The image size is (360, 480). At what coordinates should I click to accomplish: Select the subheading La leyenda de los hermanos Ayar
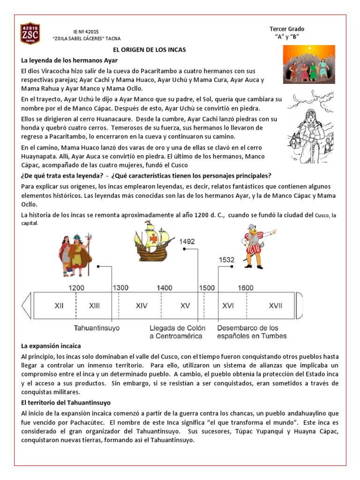coord(69,60)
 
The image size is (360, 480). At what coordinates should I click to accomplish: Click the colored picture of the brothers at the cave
coord(309,64)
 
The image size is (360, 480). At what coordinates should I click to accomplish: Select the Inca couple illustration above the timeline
coord(75,255)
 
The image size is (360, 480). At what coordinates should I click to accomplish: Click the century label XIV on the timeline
coord(142,306)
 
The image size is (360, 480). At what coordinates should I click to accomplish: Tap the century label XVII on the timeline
coord(275,306)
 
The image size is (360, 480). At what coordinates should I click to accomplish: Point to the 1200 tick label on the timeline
coord(76,288)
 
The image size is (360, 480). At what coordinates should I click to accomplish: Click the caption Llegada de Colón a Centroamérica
coord(176,332)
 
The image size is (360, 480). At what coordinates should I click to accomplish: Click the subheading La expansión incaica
coord(51,346)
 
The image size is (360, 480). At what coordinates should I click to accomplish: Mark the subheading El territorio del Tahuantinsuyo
coord(66,403)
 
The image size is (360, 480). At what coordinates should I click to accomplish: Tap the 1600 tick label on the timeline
coord(246,288)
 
